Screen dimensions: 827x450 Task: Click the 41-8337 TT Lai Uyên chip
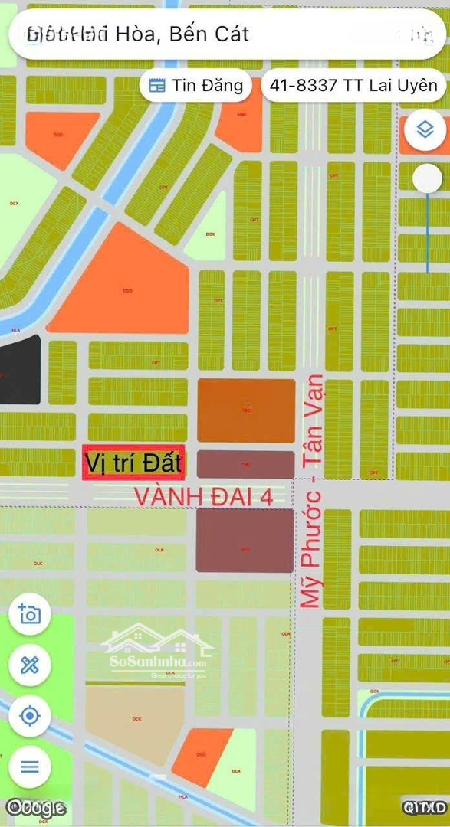[x=353, y=86]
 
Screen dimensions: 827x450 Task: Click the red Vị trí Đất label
[x=133, y=463]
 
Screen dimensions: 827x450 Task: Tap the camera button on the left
[x=30, y=614]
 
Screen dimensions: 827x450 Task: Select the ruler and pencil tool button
[x=30, y=665]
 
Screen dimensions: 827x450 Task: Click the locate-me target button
[x=30, y=716]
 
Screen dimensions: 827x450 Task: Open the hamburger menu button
[x=30, y=767]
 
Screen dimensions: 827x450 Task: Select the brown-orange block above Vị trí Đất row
[x=246, y=410]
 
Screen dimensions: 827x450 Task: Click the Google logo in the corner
[x=34, y=807]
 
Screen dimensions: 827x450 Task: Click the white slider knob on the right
[x=427, y=179]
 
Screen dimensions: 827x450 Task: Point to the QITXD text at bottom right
[x=425, y=807]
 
